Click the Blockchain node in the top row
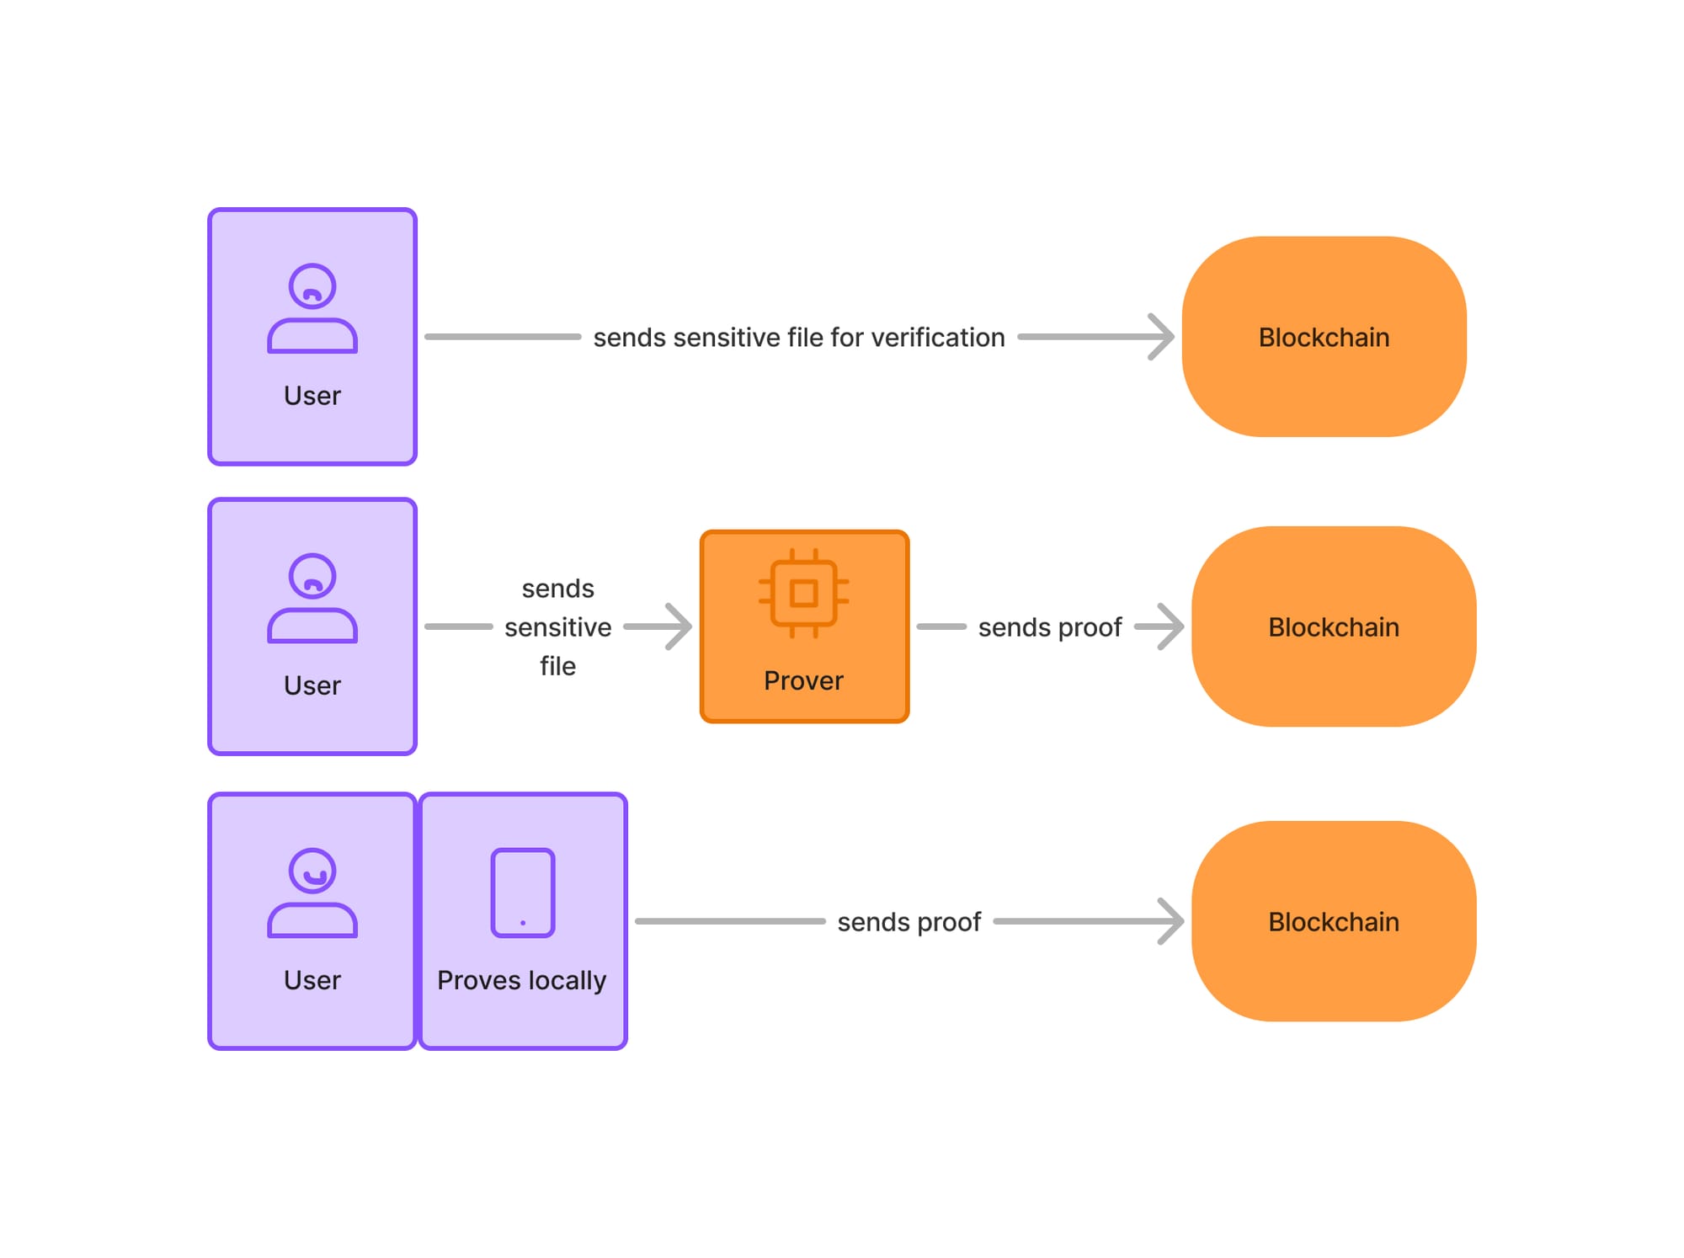pyautogui.click(x=1324, y=337)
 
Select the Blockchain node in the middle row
pyautogui.click(x=1334, y=626)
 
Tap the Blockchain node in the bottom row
pyautogui.click(x=1334, y=921)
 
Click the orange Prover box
pyautogui.click(x=804, y=626)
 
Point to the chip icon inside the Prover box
pyautogui.click(x=803, y=593)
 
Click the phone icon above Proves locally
pyautogui.click(x=523, y=893)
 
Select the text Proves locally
pyautogui.click(x=522, y=980)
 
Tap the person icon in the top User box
pyautogui.click(x=312, y=308)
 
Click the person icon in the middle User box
pyautogui.click(x=312, y=598)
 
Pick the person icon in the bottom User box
pyautogui.click(x=312, y=893)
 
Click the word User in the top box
pyautogui.click(x=312, y=396)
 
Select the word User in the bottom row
pyautogui.click(x=312, y=980)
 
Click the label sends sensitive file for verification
pyautogui.click(x=798, y=337)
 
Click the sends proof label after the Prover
pyautogui.click(x=1049, y=627)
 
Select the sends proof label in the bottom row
pyautogui.click(x=909, y=922)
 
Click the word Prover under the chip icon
pyautogui.click(x=803, y=680)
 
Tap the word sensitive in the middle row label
pyautogui.click(x=557, y=627)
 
